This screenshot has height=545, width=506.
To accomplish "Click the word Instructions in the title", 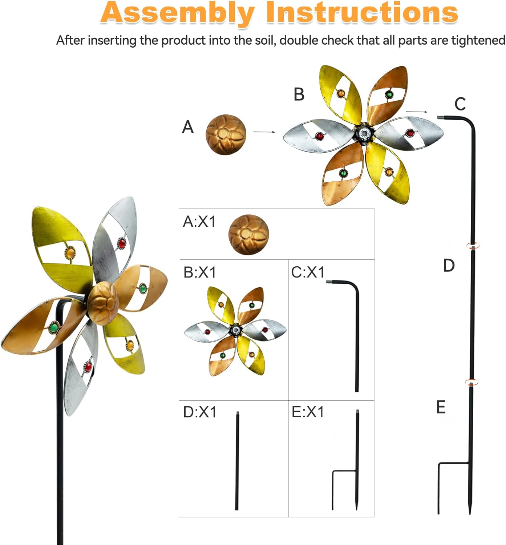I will pos(362,13).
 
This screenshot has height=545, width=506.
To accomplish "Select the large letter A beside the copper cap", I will pos(188,127).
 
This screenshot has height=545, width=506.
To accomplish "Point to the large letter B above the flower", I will pos(299,94).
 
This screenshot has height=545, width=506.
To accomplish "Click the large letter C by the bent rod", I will pos(460,104).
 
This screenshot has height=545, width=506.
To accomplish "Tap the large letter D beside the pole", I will pos(449,266).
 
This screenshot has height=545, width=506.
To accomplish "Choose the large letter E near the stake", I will pos(441,407).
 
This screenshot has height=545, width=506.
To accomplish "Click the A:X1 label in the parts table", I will pos(199,221).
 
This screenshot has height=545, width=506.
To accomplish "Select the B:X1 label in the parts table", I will pos(200,272).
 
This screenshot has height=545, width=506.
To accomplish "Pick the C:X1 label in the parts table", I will pos(308,272).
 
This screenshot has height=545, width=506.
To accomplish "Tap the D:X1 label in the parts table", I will pos(200,412).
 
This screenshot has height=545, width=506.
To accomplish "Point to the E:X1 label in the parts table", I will pos(308,412).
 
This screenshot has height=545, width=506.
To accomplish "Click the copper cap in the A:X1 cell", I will pos(248,234).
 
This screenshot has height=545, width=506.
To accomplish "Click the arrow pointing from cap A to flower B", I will pos(264,132).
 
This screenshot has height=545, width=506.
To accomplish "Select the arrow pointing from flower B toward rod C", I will pos(416,112).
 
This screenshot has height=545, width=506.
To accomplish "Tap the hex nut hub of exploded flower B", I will pos(364,134).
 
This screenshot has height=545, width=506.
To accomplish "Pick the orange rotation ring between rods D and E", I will pos(471,382).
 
